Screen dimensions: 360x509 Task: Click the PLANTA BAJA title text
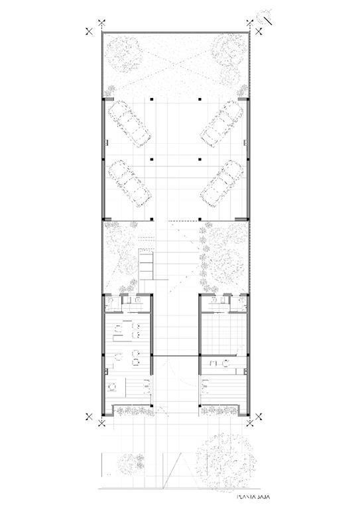coord(253,496)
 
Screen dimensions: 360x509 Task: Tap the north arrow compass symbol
coord(265,18)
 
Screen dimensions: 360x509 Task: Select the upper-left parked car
coord(129,124)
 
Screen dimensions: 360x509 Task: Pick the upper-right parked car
coord(222,124)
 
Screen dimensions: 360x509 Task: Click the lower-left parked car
coord(130,184)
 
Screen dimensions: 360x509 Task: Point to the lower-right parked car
coord(222,184)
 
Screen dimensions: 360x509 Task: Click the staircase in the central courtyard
coord(146,264)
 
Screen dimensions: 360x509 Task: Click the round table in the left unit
coord(112,386)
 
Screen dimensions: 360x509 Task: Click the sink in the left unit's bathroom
coord(138,300)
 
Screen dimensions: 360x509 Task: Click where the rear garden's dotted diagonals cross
coord(176,66)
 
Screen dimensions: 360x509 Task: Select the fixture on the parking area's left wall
coord(106,142)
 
